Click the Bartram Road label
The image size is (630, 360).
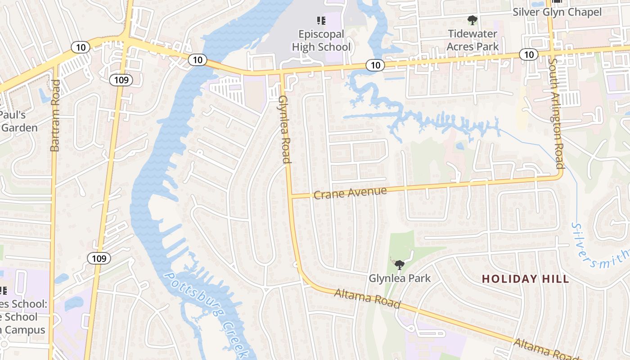[55, 115]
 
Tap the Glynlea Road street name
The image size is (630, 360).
[284, 129]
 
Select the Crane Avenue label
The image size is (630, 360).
[350, 193]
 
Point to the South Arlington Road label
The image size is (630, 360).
[556, 113]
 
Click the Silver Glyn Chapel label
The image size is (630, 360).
[557, 12]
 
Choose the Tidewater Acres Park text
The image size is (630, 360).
[472, 40]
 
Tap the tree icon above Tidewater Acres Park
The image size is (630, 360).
[472, 20]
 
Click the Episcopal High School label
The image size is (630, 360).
[321, 40]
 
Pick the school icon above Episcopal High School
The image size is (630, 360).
[321, 20]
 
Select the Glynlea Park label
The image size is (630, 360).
[400, 279]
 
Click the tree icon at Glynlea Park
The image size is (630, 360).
[399, 264]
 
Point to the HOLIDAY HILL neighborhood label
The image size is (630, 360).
[526, 279]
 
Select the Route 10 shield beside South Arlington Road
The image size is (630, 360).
[528, 54]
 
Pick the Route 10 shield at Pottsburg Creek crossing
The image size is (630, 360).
[197, 59]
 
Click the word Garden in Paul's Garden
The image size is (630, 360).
[19, 128]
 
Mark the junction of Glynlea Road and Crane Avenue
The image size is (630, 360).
[290, 196]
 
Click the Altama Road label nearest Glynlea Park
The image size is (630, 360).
[367, 299]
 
